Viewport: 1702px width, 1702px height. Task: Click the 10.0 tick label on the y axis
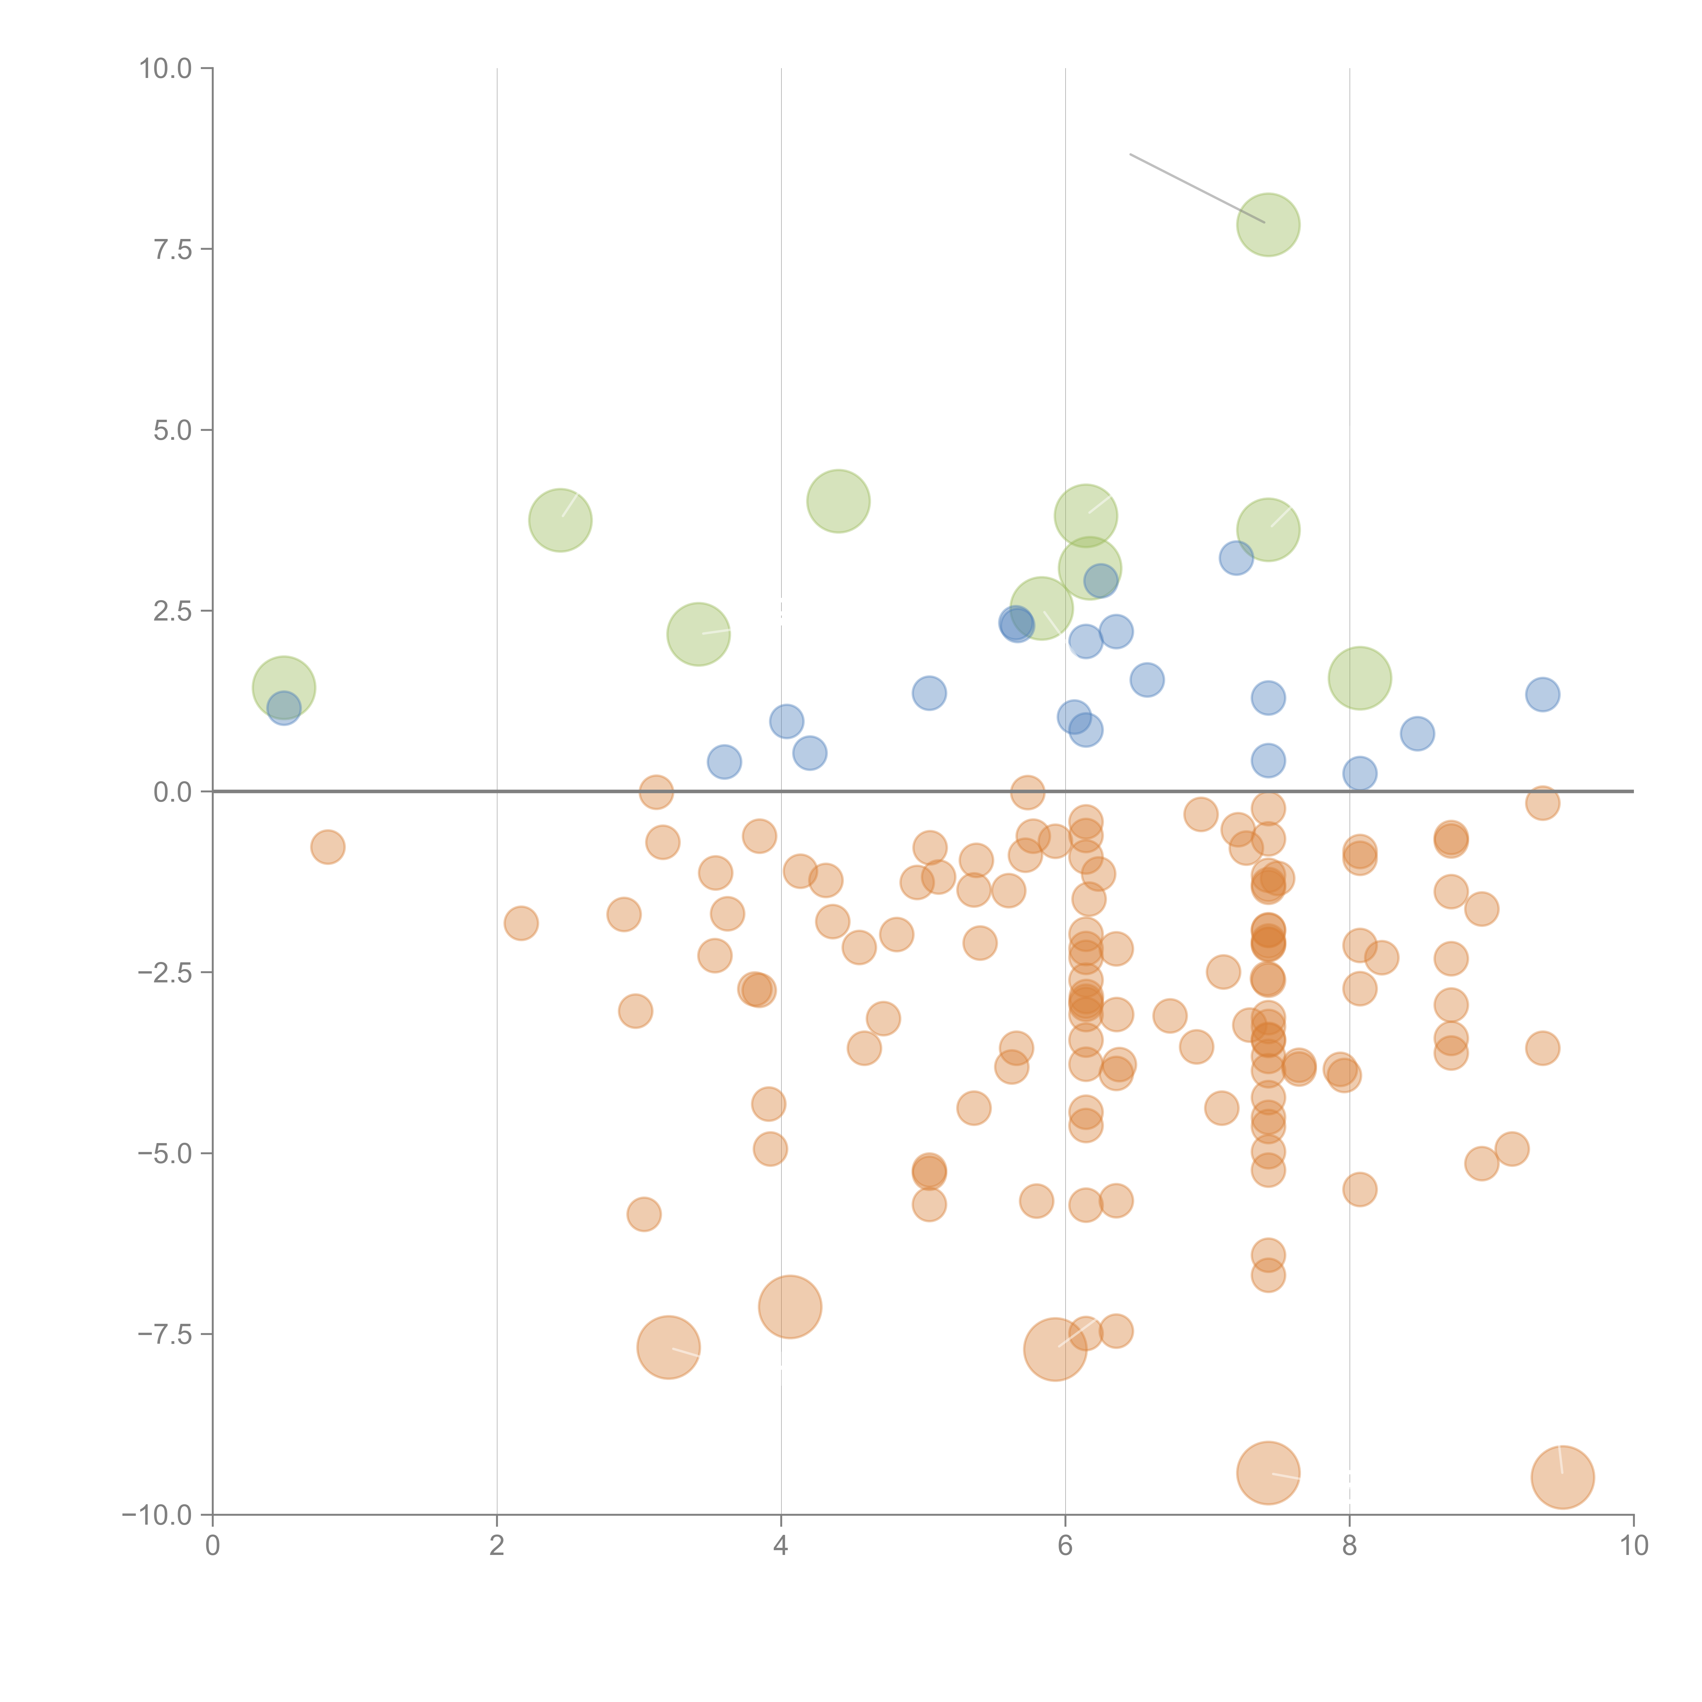point(166,69)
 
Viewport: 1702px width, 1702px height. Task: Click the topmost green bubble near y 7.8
point(1268,225)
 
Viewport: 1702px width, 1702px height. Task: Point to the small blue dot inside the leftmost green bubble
point(284,708)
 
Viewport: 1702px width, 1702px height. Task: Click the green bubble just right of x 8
point(1359,678)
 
